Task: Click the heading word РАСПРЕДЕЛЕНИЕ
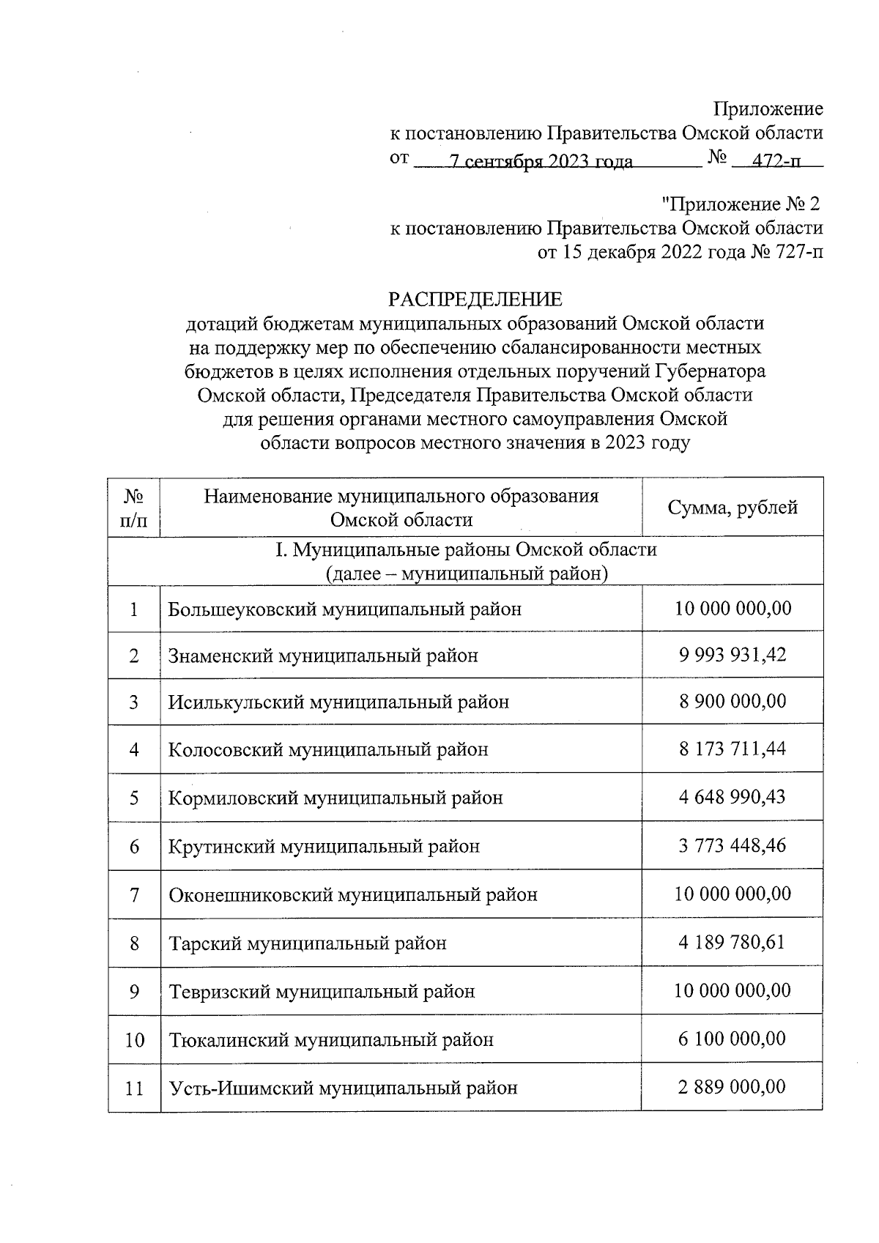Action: click(x=475, y=299)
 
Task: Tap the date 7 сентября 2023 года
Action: click(x=541, y=162)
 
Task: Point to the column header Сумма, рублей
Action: click(x=732, y=508)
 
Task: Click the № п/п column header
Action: click(x=133, y=508)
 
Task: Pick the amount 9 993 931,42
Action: click(x=732, y=654)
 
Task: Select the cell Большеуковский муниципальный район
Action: click(x=344, y=609)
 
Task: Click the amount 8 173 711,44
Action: click(x=732, y=749)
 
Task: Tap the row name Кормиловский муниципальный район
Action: click(x=335, y=797)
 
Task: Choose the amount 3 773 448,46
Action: click(x=732, y=845)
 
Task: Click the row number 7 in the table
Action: click(x=134, y=894)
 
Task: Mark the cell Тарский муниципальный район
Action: click(x=308, y=943)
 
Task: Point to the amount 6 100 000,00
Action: click(x=732, y=1038)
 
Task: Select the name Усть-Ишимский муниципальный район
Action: click(x=343, y=1088)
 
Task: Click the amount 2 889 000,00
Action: click(x=732, y=1086)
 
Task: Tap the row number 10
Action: click(x=134, y=1039)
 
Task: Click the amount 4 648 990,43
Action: click(x=732, y=796)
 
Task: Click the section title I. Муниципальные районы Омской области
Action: click(x=466, y=549)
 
